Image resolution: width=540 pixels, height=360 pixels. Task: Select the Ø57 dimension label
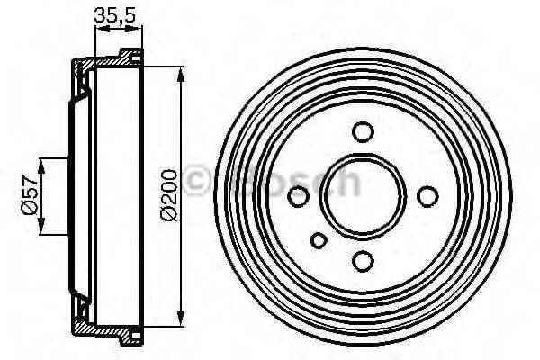click(x=29, y=194)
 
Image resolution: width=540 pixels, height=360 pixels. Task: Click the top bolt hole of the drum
click(x=363, y=132)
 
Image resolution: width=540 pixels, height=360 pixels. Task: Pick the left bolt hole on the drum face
click(x=298, y=195)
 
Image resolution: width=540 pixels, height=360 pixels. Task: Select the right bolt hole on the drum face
click(x=427, y=196)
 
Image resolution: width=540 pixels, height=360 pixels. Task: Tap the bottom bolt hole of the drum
click(x=363, y=260)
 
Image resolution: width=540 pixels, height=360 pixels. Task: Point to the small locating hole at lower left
click(x=319, y=240)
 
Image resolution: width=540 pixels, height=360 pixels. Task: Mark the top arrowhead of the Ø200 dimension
click(x=183, y=74)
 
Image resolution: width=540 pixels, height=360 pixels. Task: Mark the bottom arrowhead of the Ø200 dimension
click(x=183, y=317)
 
